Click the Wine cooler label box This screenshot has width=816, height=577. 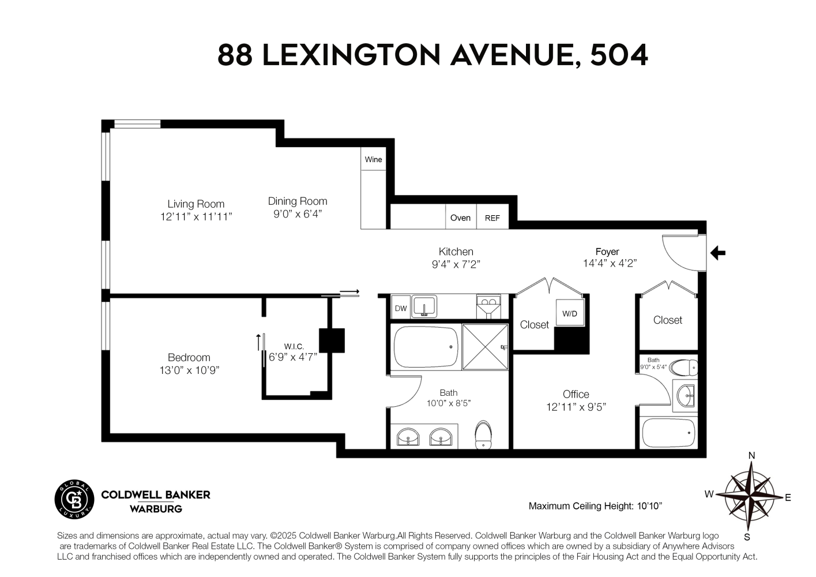point(373,159)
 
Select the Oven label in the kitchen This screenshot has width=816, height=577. point(460,218)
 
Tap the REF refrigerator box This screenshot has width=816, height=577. point(492,218)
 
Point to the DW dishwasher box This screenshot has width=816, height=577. point(401,308)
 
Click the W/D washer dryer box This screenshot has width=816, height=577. point(569,314)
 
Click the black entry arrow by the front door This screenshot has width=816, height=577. point(717,253)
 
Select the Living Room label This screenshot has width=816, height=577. point(195,204)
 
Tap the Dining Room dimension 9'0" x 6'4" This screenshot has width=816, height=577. point(297,214)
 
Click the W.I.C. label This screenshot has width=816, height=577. point(294,346)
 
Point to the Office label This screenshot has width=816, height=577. point(576,394)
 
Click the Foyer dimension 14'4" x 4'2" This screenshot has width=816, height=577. point(610,263)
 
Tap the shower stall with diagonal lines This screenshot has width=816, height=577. point(485,347)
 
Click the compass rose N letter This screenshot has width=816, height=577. point(751,455)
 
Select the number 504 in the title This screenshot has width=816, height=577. point(619,55)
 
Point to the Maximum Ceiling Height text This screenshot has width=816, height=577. point(595,506)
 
